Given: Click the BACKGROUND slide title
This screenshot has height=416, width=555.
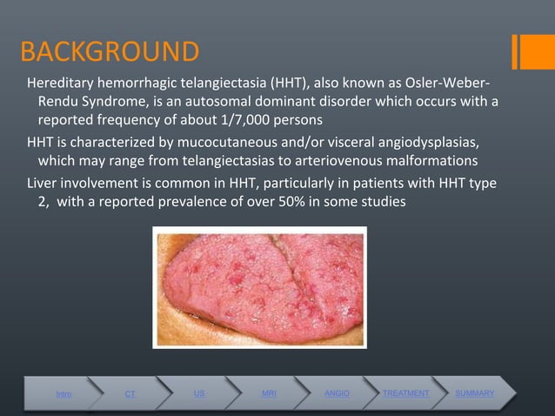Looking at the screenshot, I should pos(109,53).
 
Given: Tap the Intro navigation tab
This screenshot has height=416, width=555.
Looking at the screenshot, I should pos(64,394).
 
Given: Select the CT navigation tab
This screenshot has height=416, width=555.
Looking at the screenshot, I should pos(130,394).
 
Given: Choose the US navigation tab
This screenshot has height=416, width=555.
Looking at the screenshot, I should pos(199,393).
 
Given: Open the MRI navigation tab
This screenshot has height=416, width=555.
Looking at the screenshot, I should pos(269,393).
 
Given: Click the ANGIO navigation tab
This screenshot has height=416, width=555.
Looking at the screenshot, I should pos(337,393).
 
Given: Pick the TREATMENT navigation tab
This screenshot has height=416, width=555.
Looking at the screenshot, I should pos(405,393).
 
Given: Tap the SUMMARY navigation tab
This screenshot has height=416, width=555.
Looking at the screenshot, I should pos(474,393).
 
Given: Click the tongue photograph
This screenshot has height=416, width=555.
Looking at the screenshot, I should pos(259,286).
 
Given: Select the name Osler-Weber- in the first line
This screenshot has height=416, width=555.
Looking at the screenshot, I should pos(444,84).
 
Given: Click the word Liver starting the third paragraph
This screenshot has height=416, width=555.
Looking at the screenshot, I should pos(43,183).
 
